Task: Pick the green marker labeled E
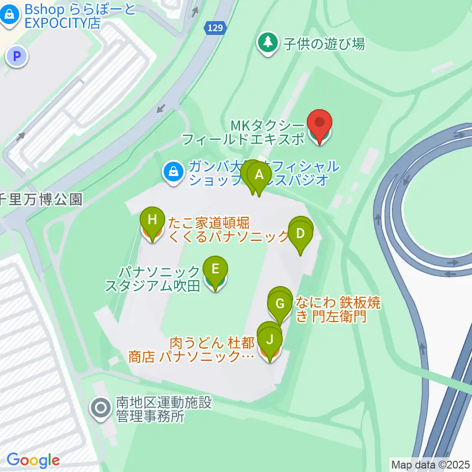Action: click(x=215, y=270)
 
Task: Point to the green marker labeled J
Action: click(x=269, y=340)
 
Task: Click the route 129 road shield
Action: click(x=216, y=29)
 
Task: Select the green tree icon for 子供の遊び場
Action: click(x=268, y=44)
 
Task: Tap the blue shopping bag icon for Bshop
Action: click(x=9, y=16)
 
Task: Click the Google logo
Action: click(x=33, y=461)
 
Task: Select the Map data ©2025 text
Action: click(x=430, y=464)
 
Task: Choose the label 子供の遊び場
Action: click(x=324, y=44)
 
